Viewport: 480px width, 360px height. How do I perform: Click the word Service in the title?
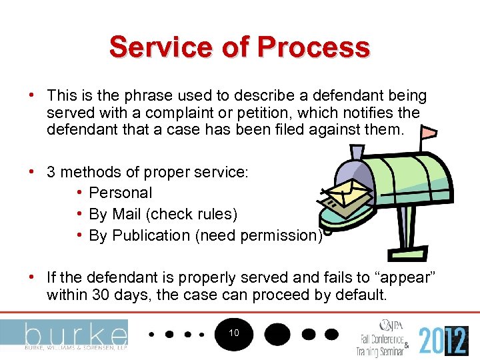tap(151, 47)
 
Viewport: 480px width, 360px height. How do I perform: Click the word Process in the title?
tap(313, 47)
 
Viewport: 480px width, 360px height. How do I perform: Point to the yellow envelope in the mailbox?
tap(346, 194)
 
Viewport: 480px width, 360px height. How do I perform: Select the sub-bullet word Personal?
tap(121, 193)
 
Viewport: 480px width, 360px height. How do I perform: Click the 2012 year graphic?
tap(443, 341)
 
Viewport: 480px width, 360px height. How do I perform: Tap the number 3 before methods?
tap(51, 171)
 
